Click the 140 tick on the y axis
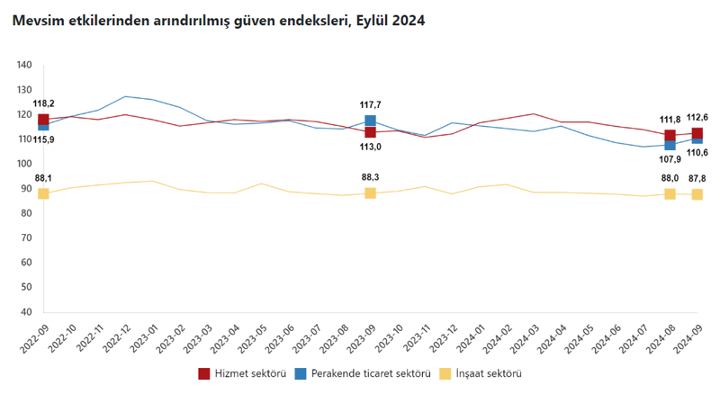(x=24, y=65)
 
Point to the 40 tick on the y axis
(x=27, y=312)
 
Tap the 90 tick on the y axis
(x=27, y=189)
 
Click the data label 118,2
(x=44, y=103)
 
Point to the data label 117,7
(x=370, y=104)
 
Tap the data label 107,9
(x=670, y=160)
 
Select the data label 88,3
(x=370, y=177)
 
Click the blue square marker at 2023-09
(x=370, y=121)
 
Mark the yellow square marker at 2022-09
(x=43, y=193)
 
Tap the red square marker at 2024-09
(x=697, y=134)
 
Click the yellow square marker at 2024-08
(x=670, y=193)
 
